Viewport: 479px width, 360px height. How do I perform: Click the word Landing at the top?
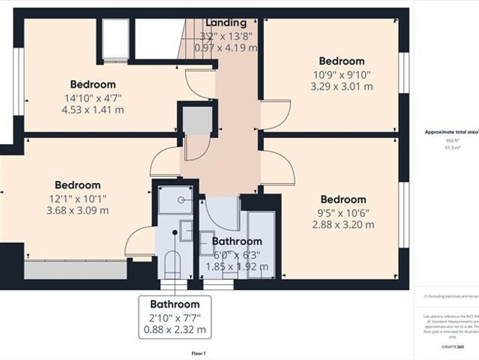pos(226,23)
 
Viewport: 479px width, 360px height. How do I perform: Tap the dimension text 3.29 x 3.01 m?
pos(341,87)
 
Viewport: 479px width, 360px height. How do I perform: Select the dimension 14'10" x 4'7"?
pos(93,97)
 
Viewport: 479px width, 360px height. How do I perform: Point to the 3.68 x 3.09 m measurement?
pos(77,210)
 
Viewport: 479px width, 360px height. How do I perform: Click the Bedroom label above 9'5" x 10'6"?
pos(343,199)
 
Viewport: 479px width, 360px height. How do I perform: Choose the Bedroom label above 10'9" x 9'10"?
pos(341,61)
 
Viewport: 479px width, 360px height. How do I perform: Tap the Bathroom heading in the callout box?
pos(175,304)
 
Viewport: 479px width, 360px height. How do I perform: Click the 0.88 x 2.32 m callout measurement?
pos(175,329)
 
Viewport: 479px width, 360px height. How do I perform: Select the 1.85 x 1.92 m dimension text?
pos(237,266)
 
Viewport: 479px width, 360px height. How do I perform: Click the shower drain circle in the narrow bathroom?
pos(181,200)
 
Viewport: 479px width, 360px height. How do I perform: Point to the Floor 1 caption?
pos(199,352)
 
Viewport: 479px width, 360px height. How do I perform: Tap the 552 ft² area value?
pos(453,141)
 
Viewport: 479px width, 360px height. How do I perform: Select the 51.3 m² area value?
pos(453,148)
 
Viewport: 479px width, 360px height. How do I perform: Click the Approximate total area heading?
pos(451,132)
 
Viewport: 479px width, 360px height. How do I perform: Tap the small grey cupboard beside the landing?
pos(196,120)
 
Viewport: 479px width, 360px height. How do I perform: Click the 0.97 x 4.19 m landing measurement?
pos(226,47)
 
